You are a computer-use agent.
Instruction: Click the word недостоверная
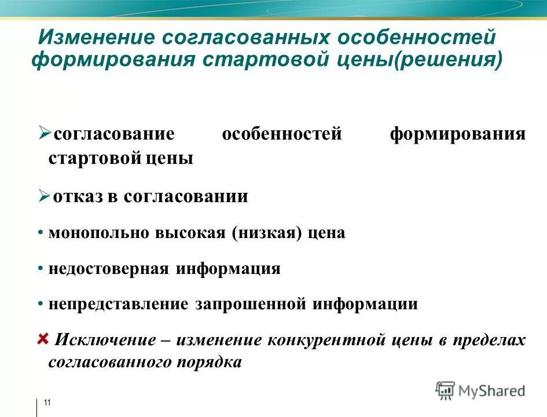click(x=109, y=269)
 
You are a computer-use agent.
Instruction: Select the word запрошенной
click(x=252, y=305)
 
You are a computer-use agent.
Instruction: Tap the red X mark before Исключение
click(x=43, y=339)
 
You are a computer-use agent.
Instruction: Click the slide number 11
click(x=47, y=403)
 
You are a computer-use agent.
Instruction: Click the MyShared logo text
click(x=491, y=391)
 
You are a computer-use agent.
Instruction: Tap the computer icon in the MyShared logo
click(x=445, y=390)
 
